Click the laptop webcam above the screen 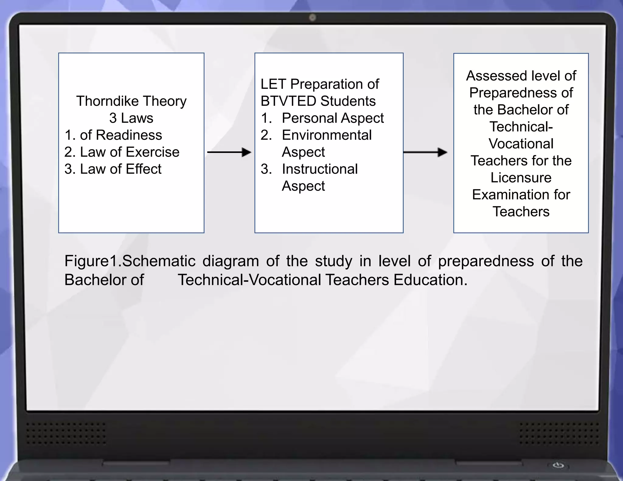pyautogui.click(x=312, y=18)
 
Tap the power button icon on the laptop pyautogui.click(x=558, y=465)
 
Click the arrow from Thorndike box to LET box pyautogui.click(x=229, y=152)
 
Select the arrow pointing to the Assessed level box pyautogui.click(x=425, y=152)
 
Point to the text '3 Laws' pyautogui.click(x=131, y=118)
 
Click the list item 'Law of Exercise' pyautogui.click(x=129, y=152)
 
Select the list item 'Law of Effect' pyautogui.click(x=120, y=169)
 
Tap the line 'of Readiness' pyautogui.click(x=121, y=135)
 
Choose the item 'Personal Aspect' pyautogui.click(x=332, y=118)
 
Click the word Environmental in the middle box pyautogui.click(x=326, y=135)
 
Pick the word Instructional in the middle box pyautogui.click(x=320, y=169)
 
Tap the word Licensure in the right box pyautogui.click(x=521, y=178)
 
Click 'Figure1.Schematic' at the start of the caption pyautogui.click(x=130, y=261)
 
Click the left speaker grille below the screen pyautogui.click(x=66, y=433)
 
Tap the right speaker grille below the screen pyautogui.click(x=559, y=433)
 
